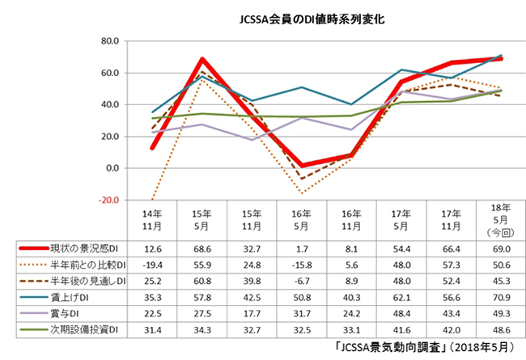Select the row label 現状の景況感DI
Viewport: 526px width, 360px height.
click(x=82, y=248)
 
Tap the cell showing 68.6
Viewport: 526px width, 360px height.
click(x=202, y=248)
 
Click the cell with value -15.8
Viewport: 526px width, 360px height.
click(x=302, y=265)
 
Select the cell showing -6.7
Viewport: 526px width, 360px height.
click(x=302, y=281)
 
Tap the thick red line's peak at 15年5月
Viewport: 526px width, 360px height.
click(x=202, y=59)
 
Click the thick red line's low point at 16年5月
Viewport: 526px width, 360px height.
click(x=302, y=166)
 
